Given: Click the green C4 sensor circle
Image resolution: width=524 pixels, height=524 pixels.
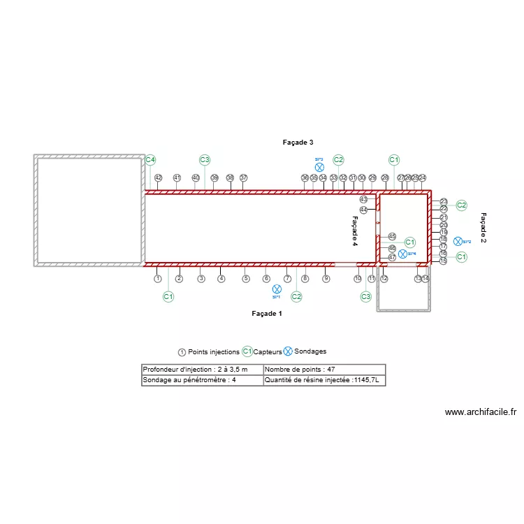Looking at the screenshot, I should click(x=150, y=160).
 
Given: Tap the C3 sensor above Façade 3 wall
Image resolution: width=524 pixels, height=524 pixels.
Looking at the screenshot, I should click(x=205, y=160).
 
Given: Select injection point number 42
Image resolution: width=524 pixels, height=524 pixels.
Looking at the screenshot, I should click(x=159, y=178).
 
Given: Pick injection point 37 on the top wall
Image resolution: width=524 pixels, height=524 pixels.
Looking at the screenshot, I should click(x=244, y=178).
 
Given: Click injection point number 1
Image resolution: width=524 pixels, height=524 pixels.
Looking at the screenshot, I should click(x=158, y=279).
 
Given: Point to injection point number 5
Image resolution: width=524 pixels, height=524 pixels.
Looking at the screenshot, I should click(x=246, y=279).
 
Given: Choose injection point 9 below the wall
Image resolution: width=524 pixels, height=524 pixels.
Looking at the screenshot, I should click(x=326, y=279).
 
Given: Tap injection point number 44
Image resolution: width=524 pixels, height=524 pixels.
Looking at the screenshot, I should click(x=363, y=210).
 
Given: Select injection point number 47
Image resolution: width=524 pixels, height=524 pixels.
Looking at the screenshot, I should click(x=392, y=258).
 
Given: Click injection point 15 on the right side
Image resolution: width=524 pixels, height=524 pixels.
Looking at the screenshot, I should click(x=443, y=261).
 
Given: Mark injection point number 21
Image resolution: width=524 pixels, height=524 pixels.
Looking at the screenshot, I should click(x=444, y=217).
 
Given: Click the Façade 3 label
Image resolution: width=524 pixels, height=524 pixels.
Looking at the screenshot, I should click(x=298, y=143).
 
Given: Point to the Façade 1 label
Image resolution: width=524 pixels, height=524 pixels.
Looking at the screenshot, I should click(x=267, y=314).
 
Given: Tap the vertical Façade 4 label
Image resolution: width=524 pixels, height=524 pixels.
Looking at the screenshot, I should click(x=354, y=231).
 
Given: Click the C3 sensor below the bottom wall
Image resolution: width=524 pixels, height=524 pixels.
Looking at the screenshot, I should click(x=365, y=297).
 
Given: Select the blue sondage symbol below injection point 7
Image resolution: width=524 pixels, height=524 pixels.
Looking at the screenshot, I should click(x=277, y=289).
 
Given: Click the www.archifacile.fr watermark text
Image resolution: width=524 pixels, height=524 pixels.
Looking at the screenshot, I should click(x=480, y=412).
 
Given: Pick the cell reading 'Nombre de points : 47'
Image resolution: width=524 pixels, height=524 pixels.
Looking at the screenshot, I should click(x=323, y=369).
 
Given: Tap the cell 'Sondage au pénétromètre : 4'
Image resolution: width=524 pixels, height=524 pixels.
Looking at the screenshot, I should click(x=202, y=381).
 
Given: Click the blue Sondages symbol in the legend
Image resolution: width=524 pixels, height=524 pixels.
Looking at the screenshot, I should click(x=288, y=351).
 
